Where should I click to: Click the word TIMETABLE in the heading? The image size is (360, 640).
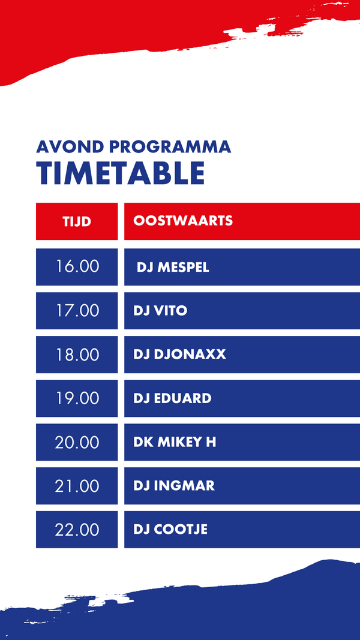(x=120, y=173)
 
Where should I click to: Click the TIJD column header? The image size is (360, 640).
(x=77, y=221)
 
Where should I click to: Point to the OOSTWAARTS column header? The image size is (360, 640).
(x=183, y=221)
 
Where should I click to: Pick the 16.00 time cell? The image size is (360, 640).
(x=77, y=266)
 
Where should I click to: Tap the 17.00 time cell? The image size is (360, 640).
(x=77, y=311)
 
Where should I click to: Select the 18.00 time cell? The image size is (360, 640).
(x=77, y=354)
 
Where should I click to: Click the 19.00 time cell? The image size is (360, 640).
(x=77, y=398)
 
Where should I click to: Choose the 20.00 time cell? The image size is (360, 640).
(x=77, y=442)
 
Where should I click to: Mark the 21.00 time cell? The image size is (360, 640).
(x=77, y=486)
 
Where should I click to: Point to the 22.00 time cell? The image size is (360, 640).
(x=77, y=530)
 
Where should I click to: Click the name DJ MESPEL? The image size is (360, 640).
(x=173, y=268)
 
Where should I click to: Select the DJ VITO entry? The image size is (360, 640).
(x=160, y=311)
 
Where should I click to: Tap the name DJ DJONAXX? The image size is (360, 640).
(x=179, y=354)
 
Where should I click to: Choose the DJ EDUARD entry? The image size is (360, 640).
(x=172, y=398)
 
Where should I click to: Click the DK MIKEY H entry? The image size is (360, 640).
(x=175, y=442)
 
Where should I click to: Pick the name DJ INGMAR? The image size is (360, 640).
(x=174, y=486)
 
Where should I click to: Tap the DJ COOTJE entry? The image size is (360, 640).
(x=170, y=530)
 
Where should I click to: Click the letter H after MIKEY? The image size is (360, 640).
(x=211, y=442)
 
